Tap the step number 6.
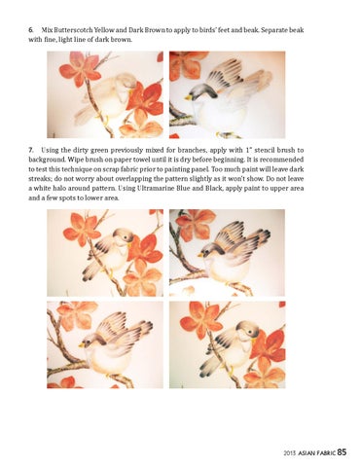(31, 30)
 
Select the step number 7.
(31, 150)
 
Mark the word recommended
(281, 160)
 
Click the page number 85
(342, 452)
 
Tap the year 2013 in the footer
(290, 453)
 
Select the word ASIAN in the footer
(306, 453)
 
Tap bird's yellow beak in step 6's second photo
(188, 97)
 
